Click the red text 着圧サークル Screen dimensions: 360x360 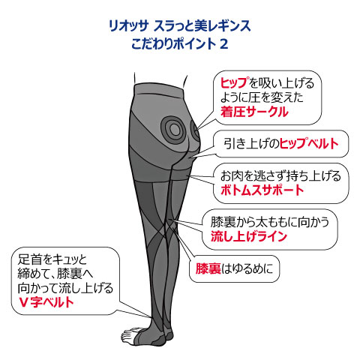point(254,112)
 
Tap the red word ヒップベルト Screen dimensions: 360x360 point(309,143)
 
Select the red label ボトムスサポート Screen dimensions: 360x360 point(262,190)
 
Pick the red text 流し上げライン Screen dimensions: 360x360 point(248,236)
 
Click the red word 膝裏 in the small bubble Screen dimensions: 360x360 point(208,268)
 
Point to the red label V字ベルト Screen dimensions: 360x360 point(46,302)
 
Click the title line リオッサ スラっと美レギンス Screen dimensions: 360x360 point(180,26)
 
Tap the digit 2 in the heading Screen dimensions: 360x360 point(224,44)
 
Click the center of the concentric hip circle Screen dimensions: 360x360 point(175,130)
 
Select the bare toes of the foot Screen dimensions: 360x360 point(130,335)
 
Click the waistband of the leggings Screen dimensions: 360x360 point(160,89)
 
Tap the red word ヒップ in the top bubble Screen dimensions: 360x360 point(235,82)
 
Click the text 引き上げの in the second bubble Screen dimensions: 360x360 point(250,143)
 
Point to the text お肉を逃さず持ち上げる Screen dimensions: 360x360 point(280,175)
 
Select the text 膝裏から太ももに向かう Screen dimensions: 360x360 point(270,222)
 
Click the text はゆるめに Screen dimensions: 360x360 point(247,268)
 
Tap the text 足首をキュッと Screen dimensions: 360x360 point(52,259)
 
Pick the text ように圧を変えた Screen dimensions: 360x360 point(262,97)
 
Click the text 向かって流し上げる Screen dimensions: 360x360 point(65,288)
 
